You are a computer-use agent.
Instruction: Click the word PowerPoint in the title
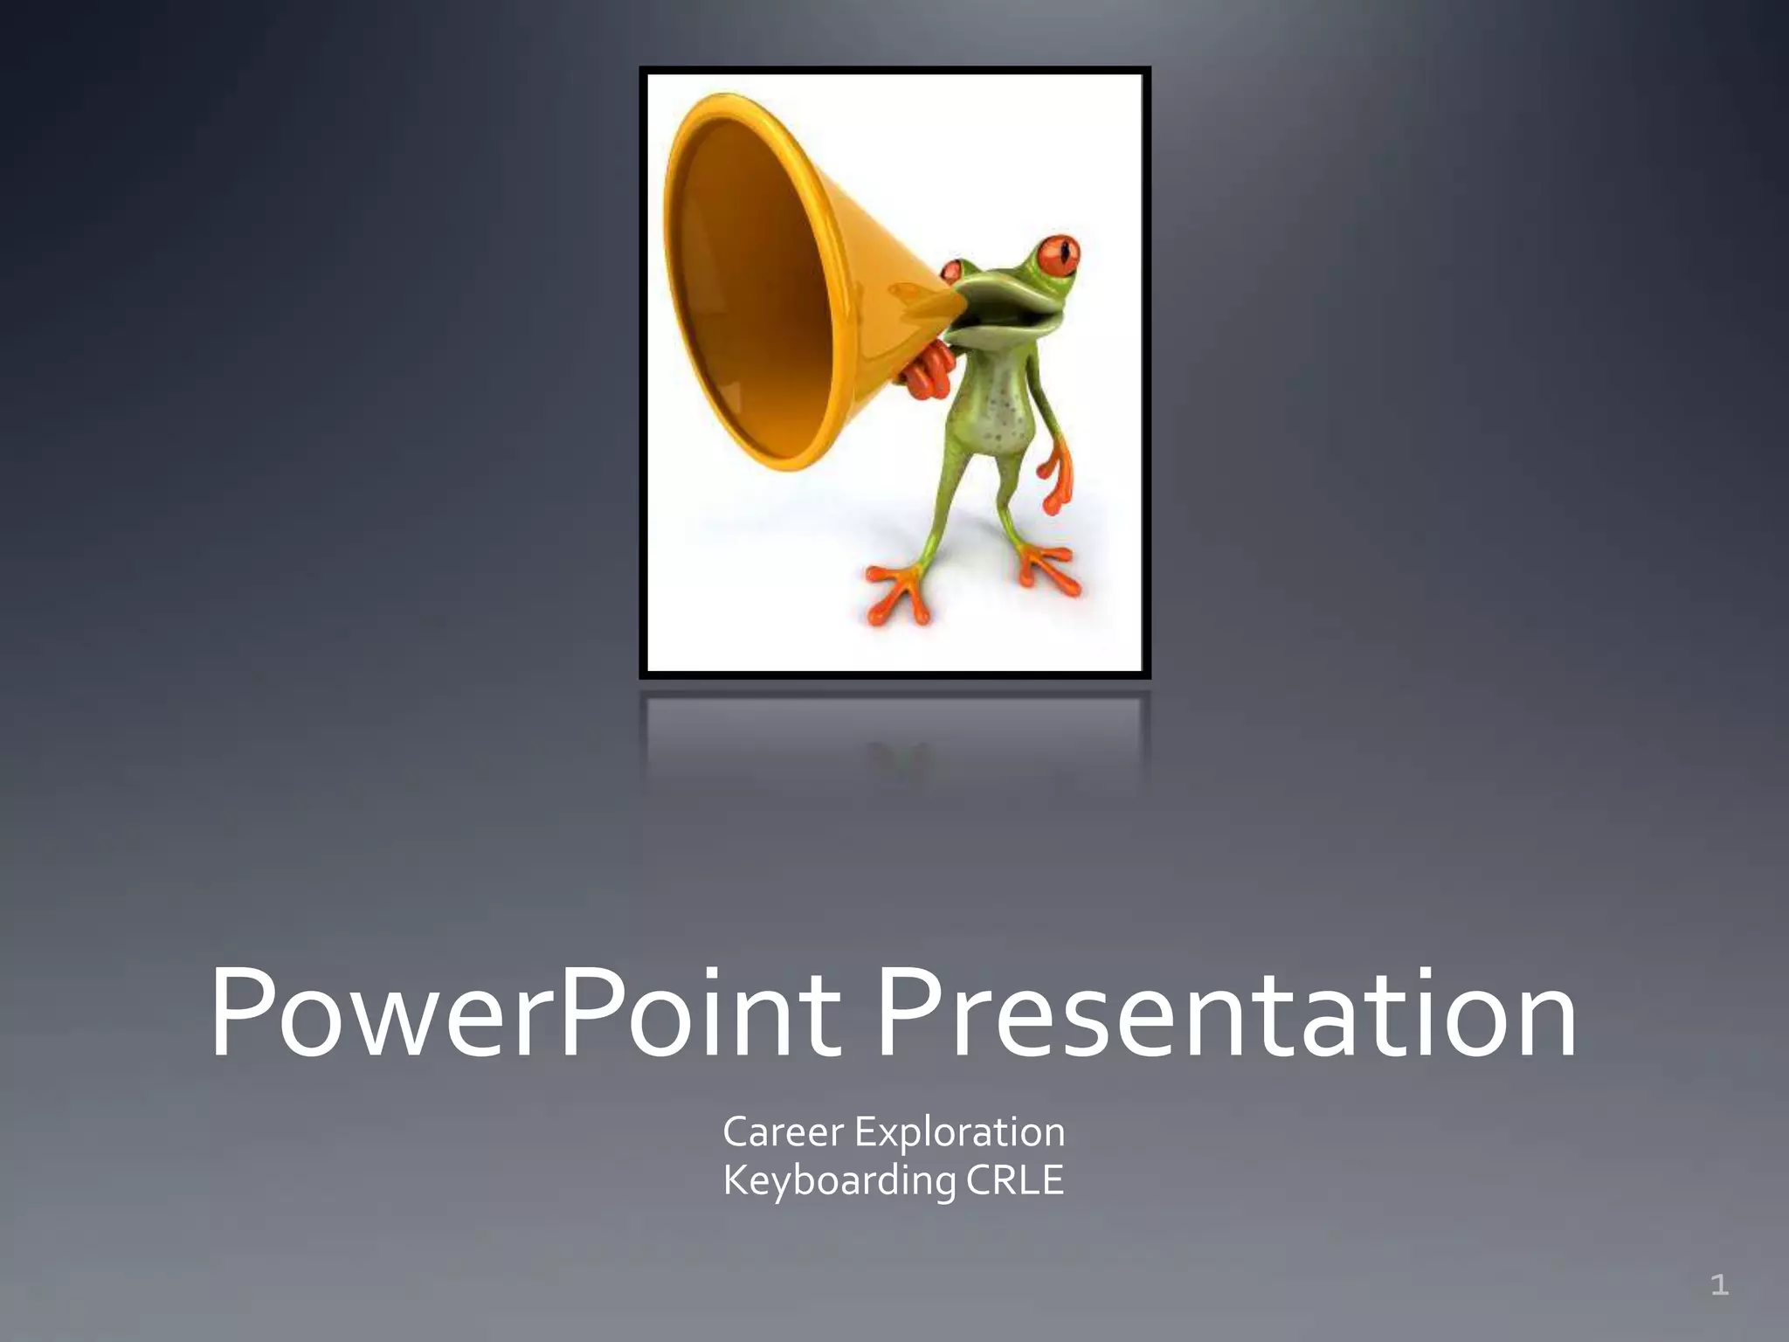point(524,1013)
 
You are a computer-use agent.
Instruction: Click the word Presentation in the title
point(1226,1013)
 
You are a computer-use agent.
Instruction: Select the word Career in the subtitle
point(783,1132)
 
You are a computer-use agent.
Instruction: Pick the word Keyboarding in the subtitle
point(839,1180)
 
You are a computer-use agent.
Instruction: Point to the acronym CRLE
point(1015,1180)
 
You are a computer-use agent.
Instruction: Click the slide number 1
point(1719,1285)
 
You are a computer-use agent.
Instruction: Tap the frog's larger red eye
point(1058,254)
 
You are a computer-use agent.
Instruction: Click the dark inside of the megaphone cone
point(751,288)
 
